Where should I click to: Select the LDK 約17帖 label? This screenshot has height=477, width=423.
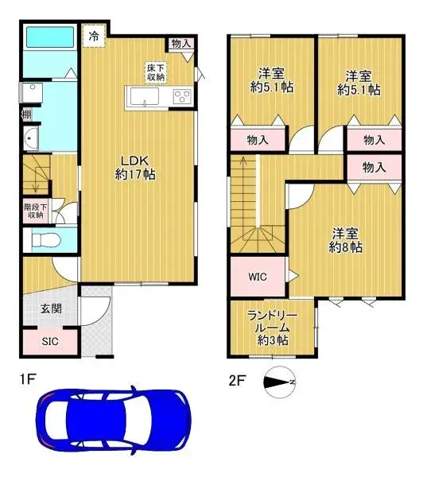point(135,167)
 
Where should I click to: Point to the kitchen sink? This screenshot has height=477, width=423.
point(144,99)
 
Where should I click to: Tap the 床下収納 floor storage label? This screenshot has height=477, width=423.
point(155,72)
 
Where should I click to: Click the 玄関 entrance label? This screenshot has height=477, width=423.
point(49,309)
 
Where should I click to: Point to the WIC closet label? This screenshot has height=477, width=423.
point(257,277)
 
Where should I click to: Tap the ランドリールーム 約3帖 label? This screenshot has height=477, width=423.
point(273,327)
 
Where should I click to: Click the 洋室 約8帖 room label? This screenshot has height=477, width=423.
point(347,240)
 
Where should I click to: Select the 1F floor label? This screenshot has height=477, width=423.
point(28,379)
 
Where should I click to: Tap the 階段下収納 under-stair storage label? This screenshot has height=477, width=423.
point(35,211)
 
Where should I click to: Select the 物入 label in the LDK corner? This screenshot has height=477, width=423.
point(181,44)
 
